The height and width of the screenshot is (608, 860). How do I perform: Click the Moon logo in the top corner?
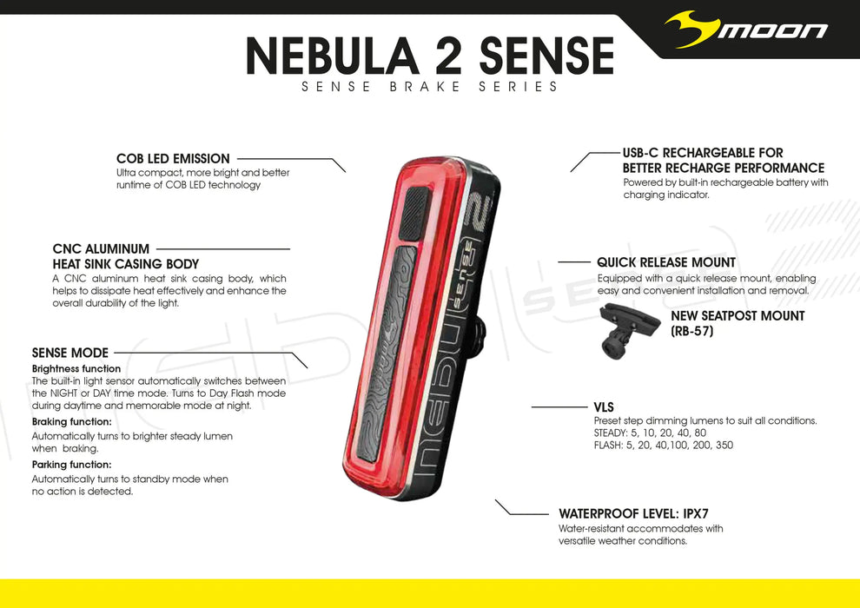pyautogui.click(x=745, y=30)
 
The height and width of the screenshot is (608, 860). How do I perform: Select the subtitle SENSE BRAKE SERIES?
pyautogui.click(x=429, y=87)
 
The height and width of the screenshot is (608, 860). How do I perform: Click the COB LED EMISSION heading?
pyautogui.click(x=173, y=159)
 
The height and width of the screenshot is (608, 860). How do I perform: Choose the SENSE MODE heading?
pyautogui.click(x=70, y=353)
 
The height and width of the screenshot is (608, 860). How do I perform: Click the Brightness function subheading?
pyautogui.click(x=76, y=369)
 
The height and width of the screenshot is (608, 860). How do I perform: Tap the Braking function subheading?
pyautogui.click(x=71, y=421)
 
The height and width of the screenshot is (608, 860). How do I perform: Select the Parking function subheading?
pyautogui.click(x=71, y=465)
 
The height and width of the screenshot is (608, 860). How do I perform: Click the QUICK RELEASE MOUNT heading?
pyautogui.click(x=666, y=262)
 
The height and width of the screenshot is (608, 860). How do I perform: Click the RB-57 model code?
pyautogui.click(x=692, y=331)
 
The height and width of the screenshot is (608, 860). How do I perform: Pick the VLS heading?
pyautogui.click(x=604, y=406)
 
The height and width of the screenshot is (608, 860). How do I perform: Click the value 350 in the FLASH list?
pyautogui.click(x=723, y=446)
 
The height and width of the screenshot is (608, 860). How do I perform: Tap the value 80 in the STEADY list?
pyautogui.click(x=700, y=433)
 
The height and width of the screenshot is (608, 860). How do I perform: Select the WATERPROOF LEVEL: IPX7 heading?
pyautogui.click(x=627, y=514)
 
